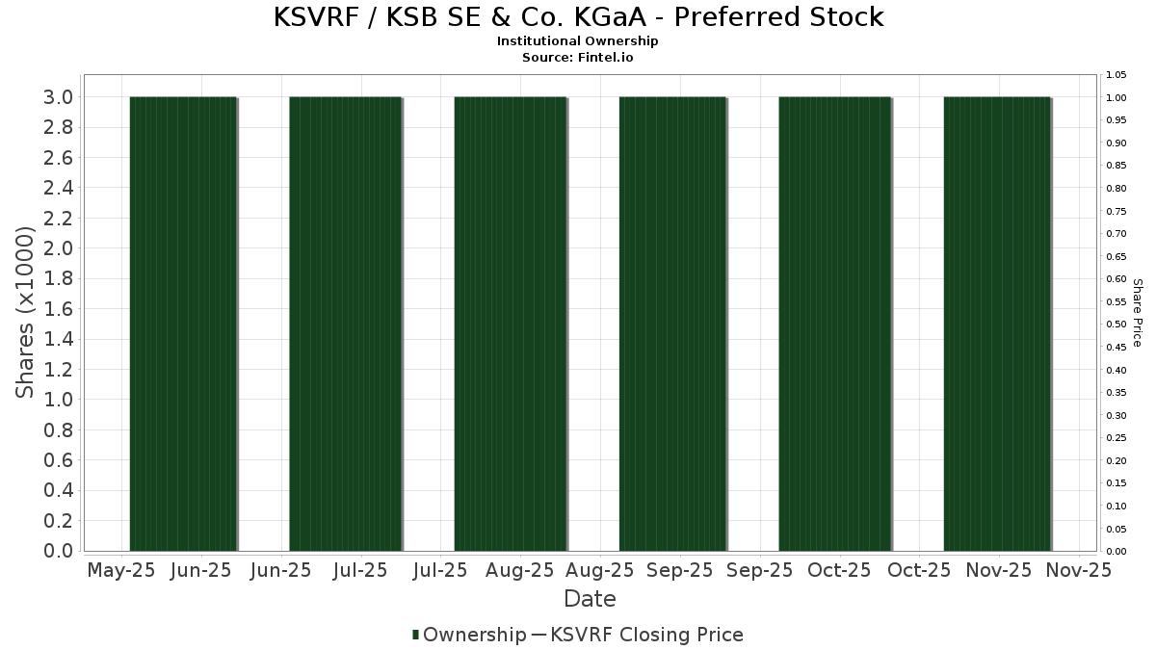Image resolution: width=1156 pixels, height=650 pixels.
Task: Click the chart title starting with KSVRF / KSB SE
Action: click(x=578, y=17)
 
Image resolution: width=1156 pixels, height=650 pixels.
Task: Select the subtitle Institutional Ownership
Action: click(x=578, y=41)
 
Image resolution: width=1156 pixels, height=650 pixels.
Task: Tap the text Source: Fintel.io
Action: click(x=578, y=57)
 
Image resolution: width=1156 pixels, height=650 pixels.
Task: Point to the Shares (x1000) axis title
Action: click(x=26, y=313)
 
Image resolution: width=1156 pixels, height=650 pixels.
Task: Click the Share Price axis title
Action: click(x=1137, y=313)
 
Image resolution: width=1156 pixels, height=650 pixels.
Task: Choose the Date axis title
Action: click(x=590, y=599)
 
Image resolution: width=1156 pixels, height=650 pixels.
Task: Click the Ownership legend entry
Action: click(x=468, y=635)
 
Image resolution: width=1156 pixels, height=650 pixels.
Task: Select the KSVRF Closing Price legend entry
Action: click(x=636, y=635)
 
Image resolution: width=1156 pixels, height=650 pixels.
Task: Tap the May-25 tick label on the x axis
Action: click(x=120, y=570)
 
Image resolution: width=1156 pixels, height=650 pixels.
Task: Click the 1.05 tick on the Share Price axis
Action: click(x=1117, y=75)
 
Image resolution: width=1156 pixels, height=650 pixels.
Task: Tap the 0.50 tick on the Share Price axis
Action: click(x=1117, y=325)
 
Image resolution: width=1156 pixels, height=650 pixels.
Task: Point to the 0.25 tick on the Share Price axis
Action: click(x=1117, y=438)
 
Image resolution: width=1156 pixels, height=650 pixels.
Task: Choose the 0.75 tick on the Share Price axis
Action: click(x=1117, y=211)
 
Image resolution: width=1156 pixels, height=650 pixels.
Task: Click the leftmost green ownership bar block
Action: click(x=183, y=324)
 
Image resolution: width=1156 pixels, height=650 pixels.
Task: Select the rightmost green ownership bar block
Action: click(x=997, y=324)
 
